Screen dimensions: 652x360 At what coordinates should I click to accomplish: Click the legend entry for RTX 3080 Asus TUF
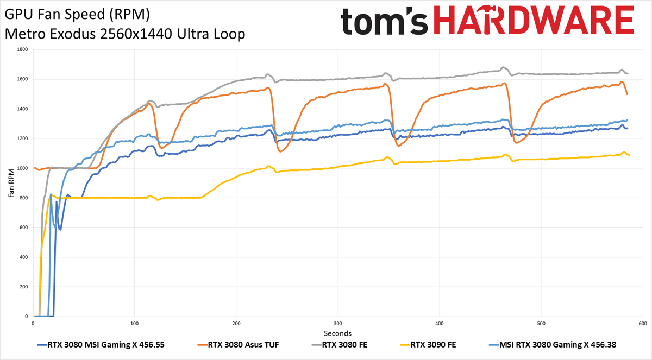coord(238,345)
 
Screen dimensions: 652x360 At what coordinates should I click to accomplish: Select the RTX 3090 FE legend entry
coord(428,345)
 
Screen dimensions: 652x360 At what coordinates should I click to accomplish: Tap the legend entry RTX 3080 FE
coord(340,345)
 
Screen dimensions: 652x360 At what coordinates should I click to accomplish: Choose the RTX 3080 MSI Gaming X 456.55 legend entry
coord(101,345)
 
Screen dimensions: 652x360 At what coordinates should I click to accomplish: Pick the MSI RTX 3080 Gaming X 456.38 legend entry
coord(553,345)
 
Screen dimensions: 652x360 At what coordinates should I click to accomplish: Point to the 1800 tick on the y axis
coord(22,49)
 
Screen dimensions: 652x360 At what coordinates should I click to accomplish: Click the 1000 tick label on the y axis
coord(22,168)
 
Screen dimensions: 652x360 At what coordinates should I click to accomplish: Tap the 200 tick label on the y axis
coord(23,287)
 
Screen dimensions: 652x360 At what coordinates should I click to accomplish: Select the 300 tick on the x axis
coord(338,324)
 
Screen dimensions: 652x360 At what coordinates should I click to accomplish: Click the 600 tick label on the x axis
coord(643,324)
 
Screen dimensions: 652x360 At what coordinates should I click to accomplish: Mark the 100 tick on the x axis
coord(135,324)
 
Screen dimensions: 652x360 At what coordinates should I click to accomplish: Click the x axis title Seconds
coord(337,333)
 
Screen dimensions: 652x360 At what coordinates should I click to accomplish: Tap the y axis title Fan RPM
coord(11,183)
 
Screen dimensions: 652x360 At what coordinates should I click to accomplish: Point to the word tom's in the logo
coord(384,21)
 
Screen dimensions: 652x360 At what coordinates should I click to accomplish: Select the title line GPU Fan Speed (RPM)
coord(77,14)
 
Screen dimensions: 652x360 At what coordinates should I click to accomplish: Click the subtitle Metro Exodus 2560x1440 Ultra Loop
coord(125,34)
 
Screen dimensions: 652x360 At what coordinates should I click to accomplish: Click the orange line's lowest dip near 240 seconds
coord(280,151)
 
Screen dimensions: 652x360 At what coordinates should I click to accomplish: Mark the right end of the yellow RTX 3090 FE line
coord(629,155)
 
